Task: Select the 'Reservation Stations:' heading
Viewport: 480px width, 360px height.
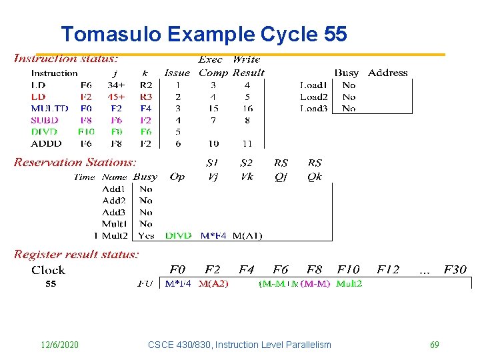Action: click(75, 162)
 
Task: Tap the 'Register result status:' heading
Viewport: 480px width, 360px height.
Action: click(77, 254)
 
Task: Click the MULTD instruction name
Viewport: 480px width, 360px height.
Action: click(49, 108)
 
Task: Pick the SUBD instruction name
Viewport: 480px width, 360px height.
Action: click(45, 120)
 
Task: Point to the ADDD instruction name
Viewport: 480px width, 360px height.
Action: click(46, 143)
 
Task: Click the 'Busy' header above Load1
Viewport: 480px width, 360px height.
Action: click(347, 73)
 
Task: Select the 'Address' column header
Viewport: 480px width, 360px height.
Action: click(387, 73)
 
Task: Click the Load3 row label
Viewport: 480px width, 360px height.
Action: click(313, 108)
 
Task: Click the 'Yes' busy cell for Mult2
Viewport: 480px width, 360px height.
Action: click(146, 235)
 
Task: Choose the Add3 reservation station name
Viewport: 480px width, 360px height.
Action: click(114, 212)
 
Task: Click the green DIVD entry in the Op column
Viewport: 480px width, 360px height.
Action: click(178, 235)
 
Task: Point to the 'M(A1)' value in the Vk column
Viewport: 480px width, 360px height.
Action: click(247, 235)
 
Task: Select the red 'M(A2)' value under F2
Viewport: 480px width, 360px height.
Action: click(213, 284)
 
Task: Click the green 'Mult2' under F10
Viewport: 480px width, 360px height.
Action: click(349, 284)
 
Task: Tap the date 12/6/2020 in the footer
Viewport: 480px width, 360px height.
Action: click(59, 345)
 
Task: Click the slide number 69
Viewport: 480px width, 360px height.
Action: click(434, 345)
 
